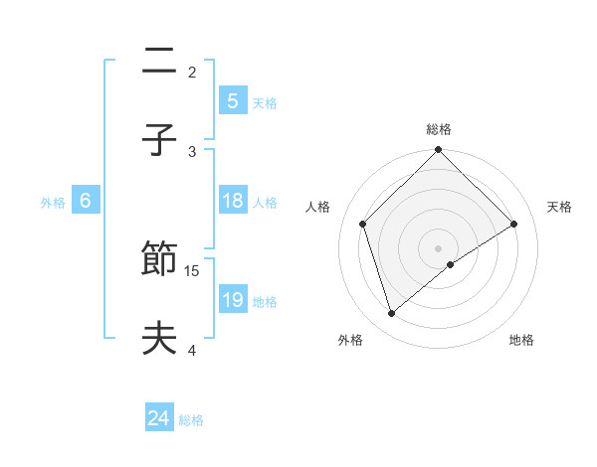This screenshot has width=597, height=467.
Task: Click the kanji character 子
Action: point(159,139)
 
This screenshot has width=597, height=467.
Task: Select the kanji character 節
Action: point(159,261)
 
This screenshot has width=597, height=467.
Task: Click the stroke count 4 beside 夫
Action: point(192,349)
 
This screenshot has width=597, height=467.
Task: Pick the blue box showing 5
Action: point(233,100)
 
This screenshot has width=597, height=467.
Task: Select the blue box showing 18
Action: point(233,201)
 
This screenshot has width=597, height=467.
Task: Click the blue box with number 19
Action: point(233,300)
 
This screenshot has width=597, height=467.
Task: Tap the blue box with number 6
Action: point(86,201)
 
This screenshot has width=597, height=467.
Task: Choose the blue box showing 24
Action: point(159,419)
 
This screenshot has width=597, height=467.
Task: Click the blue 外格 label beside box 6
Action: point(53,202)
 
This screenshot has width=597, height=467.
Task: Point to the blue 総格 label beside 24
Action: point(191,420)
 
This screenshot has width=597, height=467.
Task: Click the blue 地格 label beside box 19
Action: point(265,301)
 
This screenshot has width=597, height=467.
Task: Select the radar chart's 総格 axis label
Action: point(439,129)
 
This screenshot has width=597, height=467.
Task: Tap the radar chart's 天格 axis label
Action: point(560,207)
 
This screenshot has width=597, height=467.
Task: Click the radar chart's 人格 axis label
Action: point(317,207)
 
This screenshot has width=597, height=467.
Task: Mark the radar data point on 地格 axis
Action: point(451,264)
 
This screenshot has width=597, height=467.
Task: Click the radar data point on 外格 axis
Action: point(391,313)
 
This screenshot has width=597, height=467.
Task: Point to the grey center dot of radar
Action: point(439,247)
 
